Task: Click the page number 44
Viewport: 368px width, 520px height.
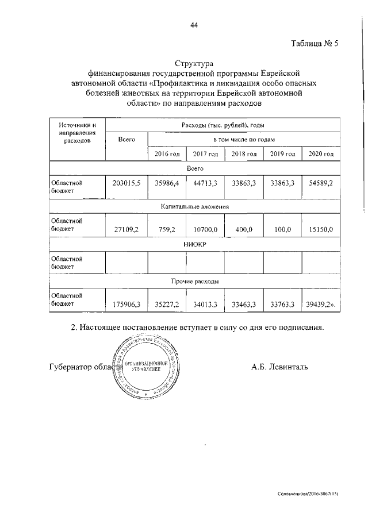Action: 194,25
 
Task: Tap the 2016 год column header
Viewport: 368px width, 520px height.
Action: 167,154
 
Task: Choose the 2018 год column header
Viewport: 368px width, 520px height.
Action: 244,154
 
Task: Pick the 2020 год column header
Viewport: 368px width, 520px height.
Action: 321,154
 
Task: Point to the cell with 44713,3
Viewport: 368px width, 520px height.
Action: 205,182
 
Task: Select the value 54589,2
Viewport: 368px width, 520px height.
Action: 321,182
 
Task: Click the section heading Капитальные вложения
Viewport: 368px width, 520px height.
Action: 194,206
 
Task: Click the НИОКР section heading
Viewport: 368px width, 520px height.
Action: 194,244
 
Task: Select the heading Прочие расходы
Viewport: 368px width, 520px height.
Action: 194,282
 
